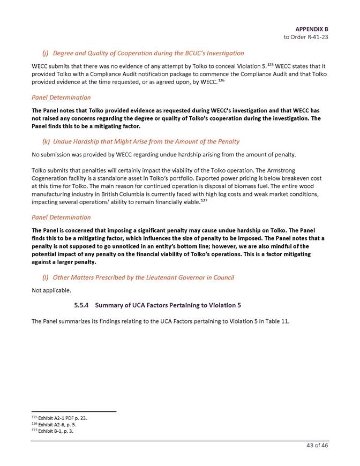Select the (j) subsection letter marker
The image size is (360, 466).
point(46,53)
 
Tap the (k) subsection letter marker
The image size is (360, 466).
point(46,141)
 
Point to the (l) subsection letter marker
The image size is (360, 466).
point(46,277)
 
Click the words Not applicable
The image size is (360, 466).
point(51,290)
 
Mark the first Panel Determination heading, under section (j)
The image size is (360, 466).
point(61,97)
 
